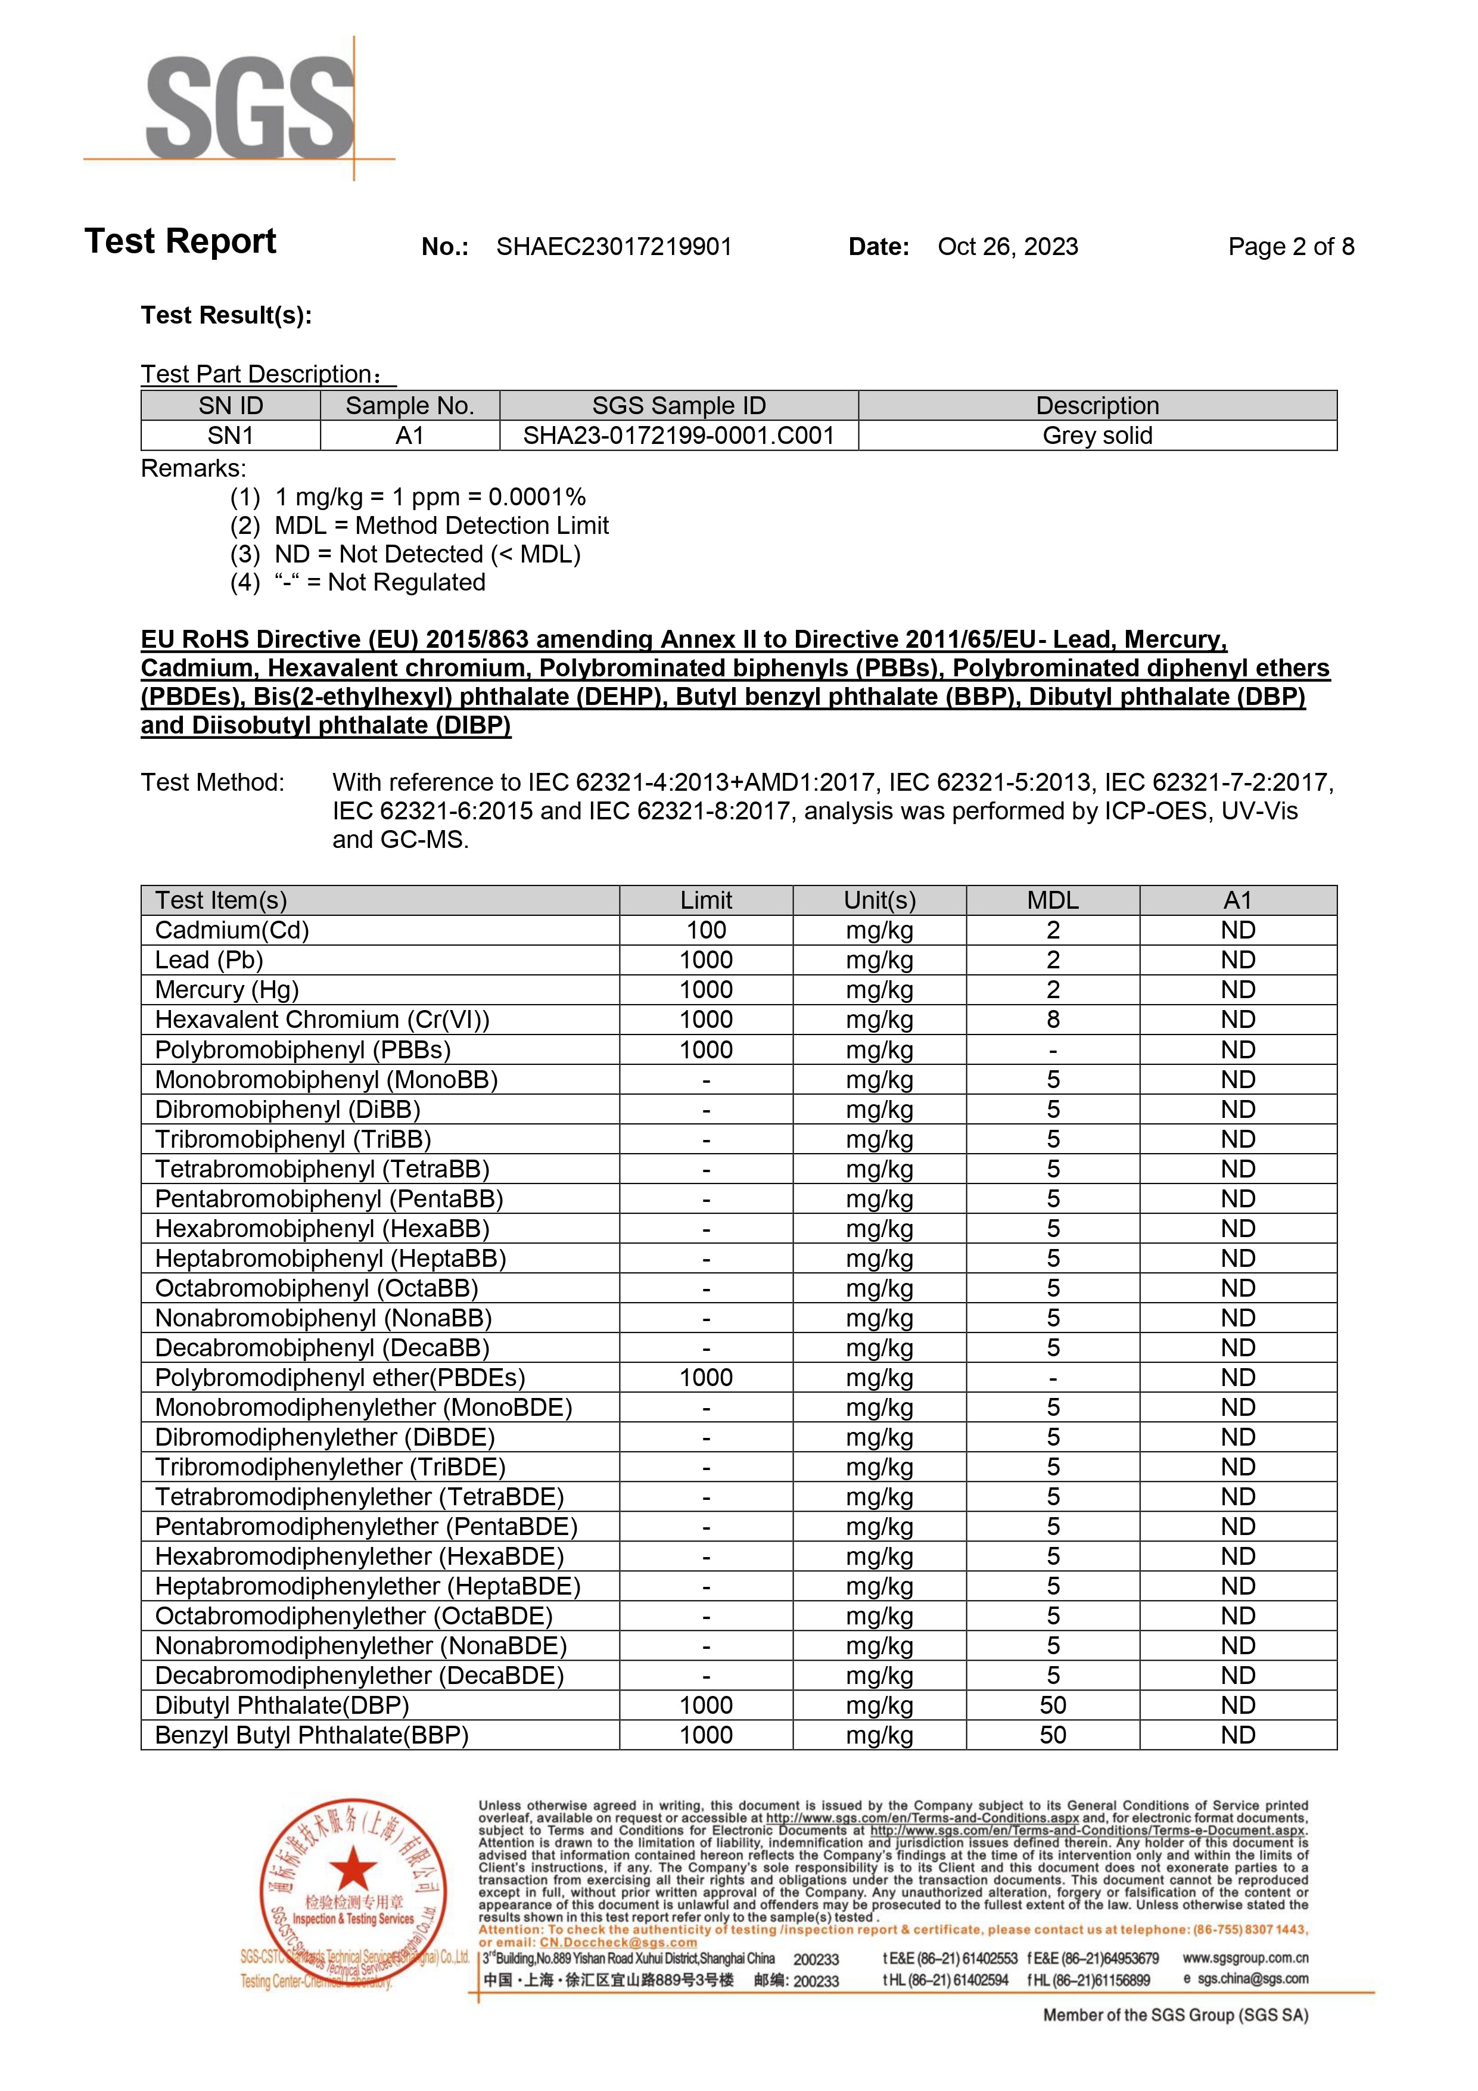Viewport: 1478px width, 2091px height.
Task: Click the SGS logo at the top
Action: coord(250,107)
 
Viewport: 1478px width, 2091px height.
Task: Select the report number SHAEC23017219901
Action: coord(614,247)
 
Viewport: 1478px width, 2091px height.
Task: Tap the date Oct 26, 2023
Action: coord(1007,247)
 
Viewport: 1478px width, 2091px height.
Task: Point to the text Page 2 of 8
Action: coord(1290,247)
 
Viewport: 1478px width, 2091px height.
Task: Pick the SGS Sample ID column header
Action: coord(679,405)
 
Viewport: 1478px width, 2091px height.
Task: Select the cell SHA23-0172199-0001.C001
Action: coord(679,436)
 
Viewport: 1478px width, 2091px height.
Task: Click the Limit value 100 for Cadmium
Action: coord(706,930)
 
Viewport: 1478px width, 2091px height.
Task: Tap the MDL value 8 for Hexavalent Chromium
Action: coord(1053,1019)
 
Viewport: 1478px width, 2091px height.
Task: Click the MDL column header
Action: coord(1053,900)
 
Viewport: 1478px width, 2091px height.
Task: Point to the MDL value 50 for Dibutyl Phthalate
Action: coord(1053,1705)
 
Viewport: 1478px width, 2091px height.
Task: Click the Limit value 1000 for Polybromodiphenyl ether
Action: coord(706,1377)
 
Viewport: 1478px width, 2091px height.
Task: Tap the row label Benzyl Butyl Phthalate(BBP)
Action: coord(312,1735)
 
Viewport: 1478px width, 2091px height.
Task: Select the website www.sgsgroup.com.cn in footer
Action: coord(1245,1957)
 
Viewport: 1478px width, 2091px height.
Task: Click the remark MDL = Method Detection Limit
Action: coord(441,526)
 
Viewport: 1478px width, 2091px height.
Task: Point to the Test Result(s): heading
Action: coord(226,315)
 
